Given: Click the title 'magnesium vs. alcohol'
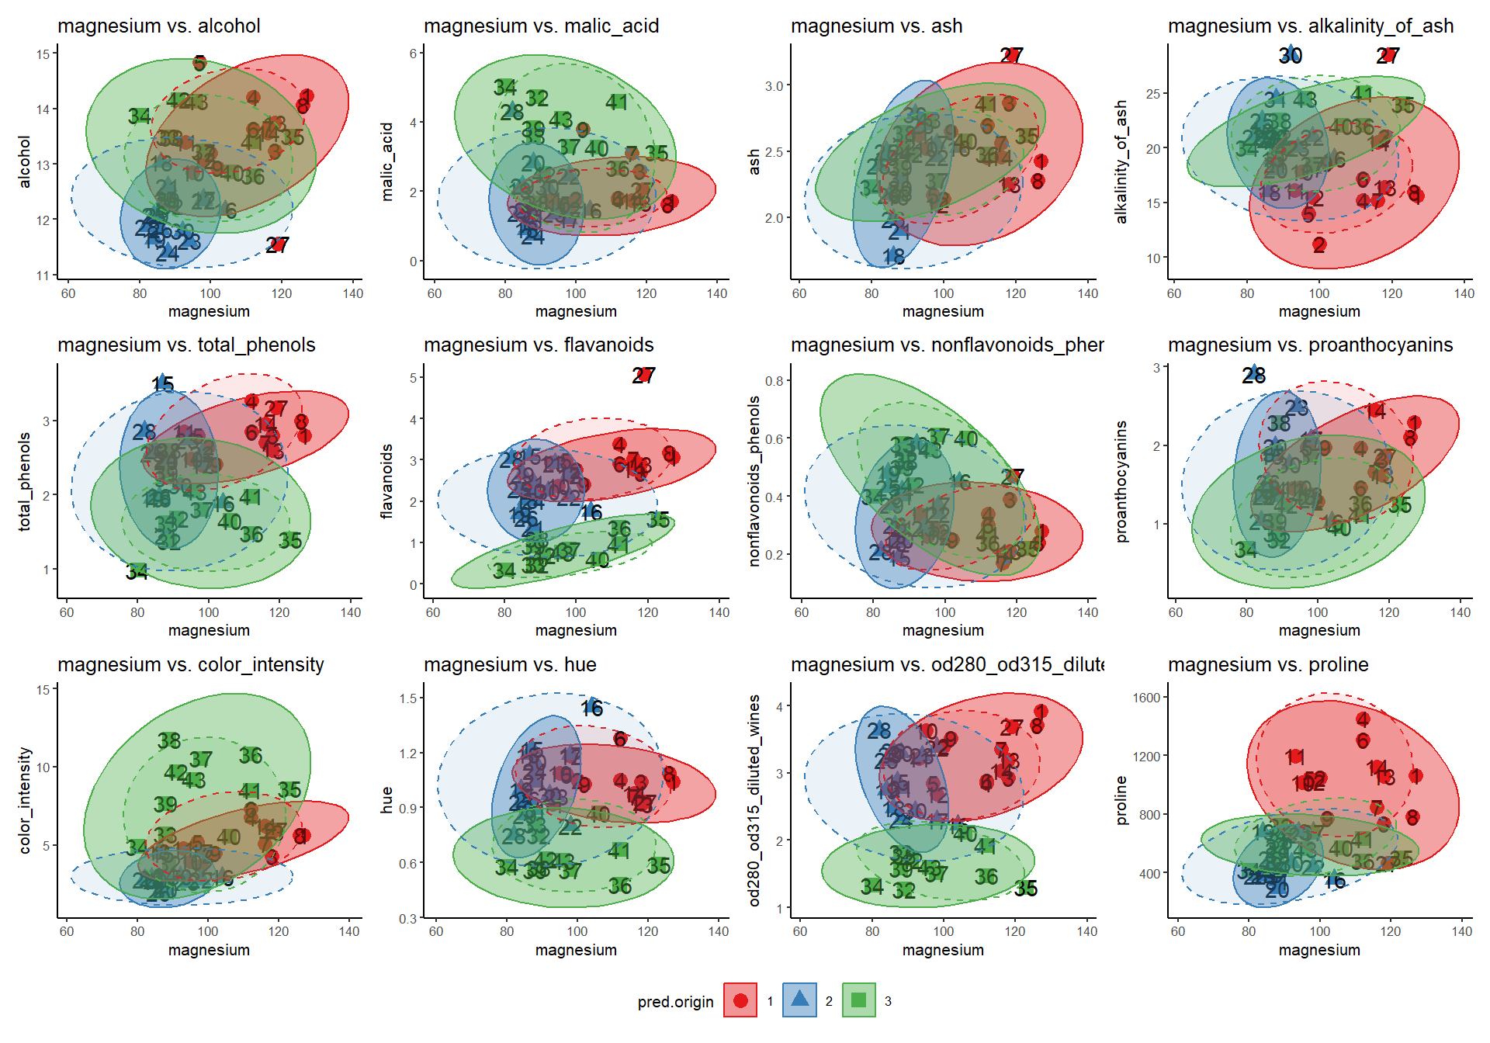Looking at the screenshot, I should click(158, 26).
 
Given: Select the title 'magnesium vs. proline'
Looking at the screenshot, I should click(1267, 664).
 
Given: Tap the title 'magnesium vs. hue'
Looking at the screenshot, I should click(509, 664).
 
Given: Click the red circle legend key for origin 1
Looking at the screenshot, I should click(740, 1000).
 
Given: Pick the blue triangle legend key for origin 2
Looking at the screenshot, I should click(799, 1000).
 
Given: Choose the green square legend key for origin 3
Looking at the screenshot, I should click(858, 1000).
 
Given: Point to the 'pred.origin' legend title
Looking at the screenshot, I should click(675, 1002).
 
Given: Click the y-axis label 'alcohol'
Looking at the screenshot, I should click(25, 161).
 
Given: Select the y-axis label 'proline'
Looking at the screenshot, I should click(1121, 800).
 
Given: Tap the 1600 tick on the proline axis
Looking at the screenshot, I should click(1146, 698).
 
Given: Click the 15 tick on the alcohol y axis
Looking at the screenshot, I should click(42, 54).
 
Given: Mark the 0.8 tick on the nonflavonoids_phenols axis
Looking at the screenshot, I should click(774, 381).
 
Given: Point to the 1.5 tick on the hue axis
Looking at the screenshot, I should click(408, 698).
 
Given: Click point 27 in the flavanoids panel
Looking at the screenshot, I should click(643, 376).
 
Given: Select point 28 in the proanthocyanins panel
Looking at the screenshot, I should click(1253, 375).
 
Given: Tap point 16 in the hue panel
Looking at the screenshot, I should click(592, 707).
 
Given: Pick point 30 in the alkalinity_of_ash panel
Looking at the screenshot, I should click(1290, 55).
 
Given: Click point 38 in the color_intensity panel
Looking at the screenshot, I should click(169, 740).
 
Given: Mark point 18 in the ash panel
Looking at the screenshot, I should click(893, 256).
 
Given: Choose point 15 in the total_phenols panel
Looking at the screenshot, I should click(162, 383).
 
